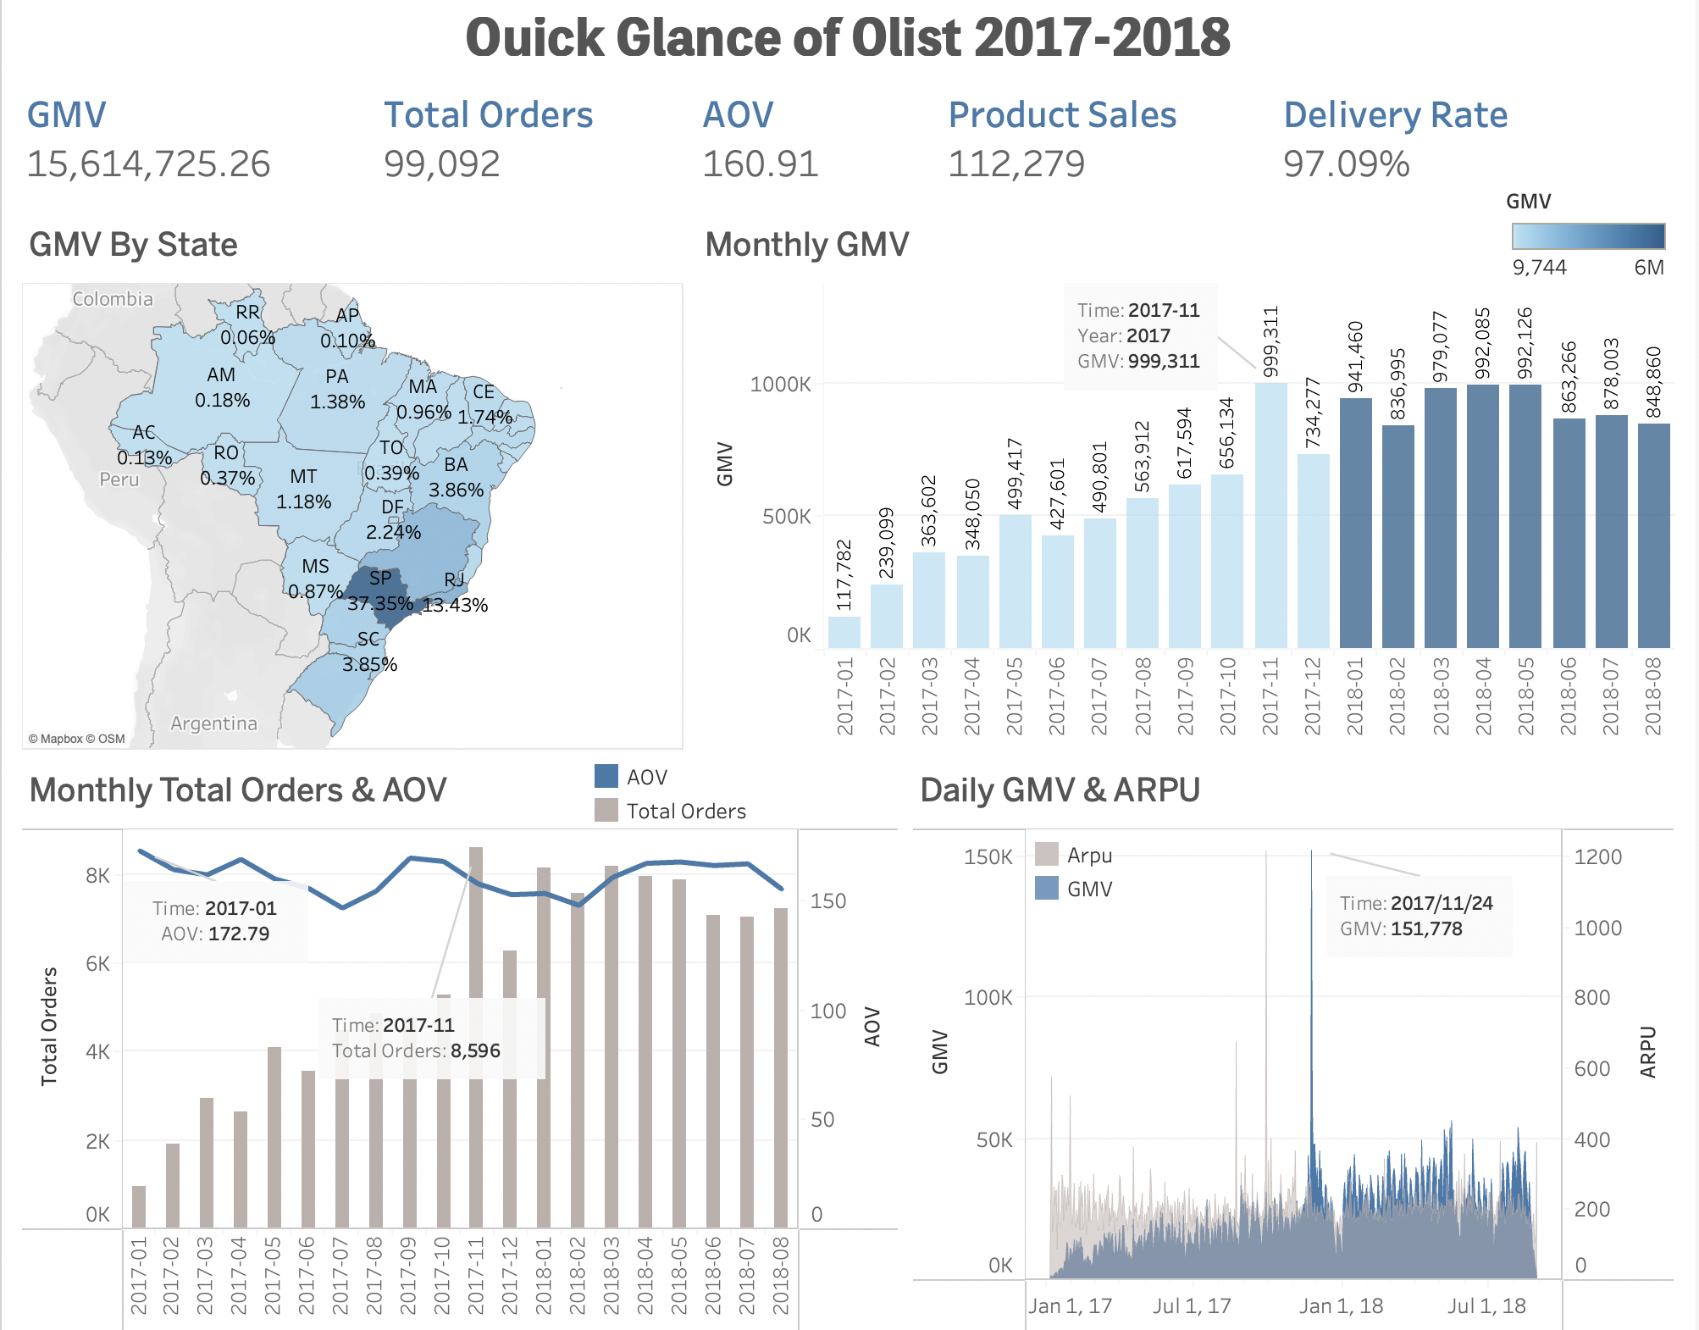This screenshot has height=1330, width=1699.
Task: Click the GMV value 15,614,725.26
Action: (x=148, y=164)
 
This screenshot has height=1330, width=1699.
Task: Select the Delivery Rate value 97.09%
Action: (x=1346, y=164)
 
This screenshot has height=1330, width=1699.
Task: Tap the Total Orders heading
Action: (x=488, y=115)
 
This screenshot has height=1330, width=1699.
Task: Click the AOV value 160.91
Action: (x=760, y=164)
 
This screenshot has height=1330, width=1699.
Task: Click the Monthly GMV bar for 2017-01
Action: (x=844, y=632)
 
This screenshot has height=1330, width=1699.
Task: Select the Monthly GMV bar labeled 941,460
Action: (x=1355, y=525)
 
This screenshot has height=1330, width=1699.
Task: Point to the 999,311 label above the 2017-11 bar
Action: (x=1270, y=341)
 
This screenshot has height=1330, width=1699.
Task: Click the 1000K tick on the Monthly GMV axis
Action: (x=780, y=385)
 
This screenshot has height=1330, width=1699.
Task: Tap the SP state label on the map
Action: (x=380, y=578)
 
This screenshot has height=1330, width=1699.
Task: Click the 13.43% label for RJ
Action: (x=456, y=605)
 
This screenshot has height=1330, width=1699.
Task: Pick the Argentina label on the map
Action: (x=213, y=723)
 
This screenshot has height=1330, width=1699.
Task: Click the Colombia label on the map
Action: (x=113, y=299)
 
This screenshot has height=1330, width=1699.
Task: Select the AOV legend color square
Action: (x=606, y=776)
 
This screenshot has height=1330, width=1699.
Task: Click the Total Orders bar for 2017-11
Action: (x=476, y=1038)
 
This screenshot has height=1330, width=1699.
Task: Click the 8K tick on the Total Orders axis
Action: (x=97, y=876)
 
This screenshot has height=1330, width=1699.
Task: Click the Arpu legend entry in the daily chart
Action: (x=1088, y=856)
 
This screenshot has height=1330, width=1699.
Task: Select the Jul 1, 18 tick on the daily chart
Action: (x=1486, y=1305)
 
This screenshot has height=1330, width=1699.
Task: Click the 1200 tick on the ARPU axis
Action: (x=1597, y=856)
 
